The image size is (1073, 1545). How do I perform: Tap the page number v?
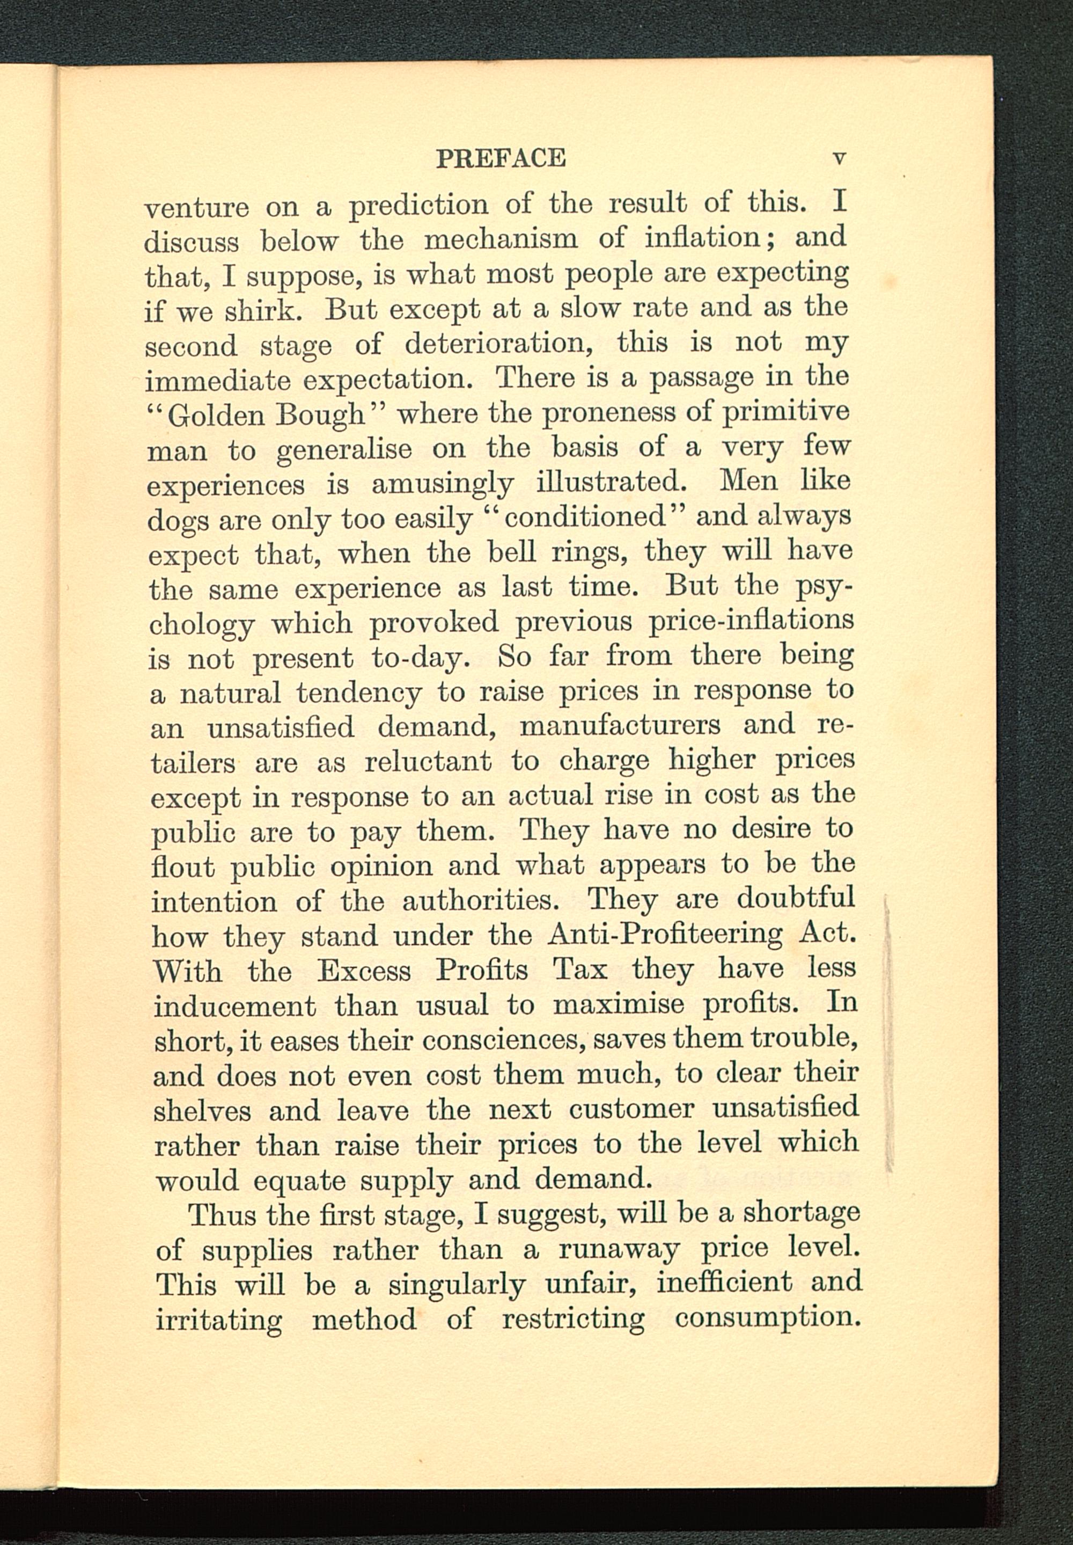click(x=839, y=159)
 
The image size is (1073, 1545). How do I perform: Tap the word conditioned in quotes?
click(x=584, y=516)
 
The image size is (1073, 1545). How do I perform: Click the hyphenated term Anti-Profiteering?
click(x=666, y=934)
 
